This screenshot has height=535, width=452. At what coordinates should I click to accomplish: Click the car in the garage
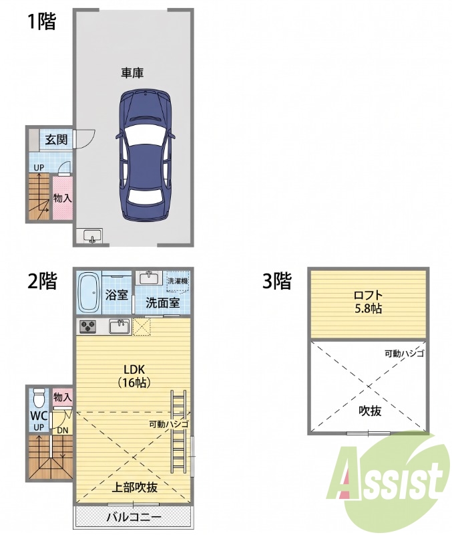(x=146, y=156)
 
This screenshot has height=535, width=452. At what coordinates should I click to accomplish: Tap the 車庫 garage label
(x=132, y=73)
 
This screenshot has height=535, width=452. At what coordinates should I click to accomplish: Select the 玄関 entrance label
(x=57, y=140)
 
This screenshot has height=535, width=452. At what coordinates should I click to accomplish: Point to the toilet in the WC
(x=39, y=398)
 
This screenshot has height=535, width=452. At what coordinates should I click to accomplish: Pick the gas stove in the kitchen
(x=88, y=326)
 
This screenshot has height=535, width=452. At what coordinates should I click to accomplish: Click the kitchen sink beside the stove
(x=120, y=326)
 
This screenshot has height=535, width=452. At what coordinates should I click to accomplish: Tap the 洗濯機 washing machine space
(x=178, y=282)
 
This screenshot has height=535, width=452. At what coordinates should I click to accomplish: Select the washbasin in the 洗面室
(x=149, y=278)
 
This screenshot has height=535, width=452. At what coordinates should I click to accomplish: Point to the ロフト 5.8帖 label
(x=368, y=302)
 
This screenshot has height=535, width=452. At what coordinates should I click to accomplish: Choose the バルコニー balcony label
(x=134, y=517)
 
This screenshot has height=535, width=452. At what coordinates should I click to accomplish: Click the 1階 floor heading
(x=41, y=22)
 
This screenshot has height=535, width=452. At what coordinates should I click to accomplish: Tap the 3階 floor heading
(x=277, y=281)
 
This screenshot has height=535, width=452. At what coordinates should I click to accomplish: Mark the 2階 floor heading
(x=42, y=281)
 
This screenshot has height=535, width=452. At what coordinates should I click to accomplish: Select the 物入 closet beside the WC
(x=63, y=397)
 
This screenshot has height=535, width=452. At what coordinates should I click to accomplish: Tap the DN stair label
(x=62, y=431)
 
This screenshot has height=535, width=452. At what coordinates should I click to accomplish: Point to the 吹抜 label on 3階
(x=370, y=411)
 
